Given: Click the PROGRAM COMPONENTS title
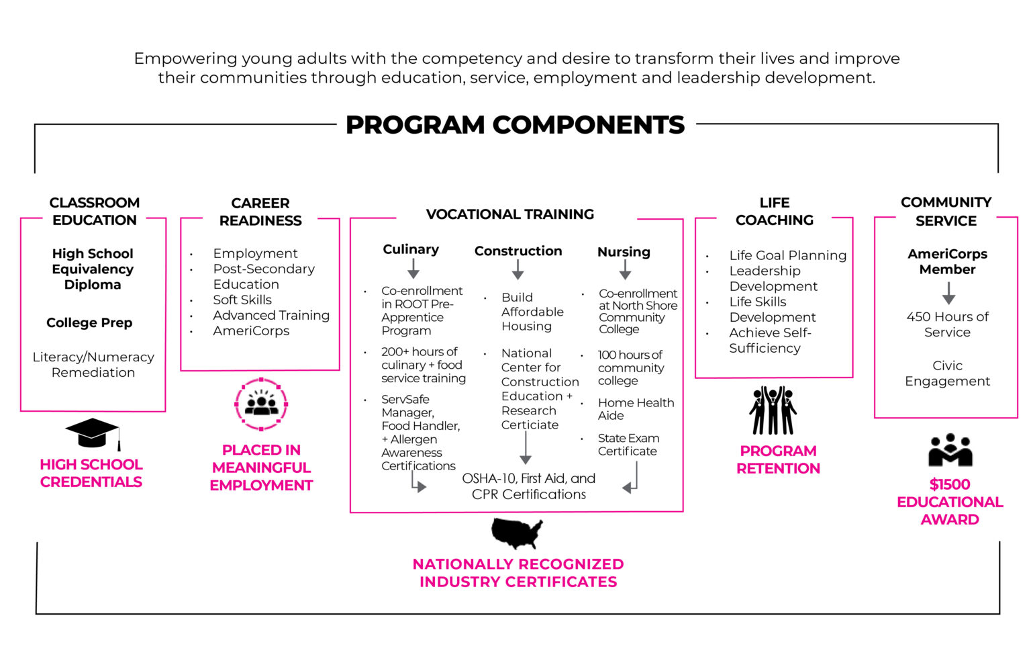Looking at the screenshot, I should [x=515, y=125].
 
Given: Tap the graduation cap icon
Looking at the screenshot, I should [x=93, y=433].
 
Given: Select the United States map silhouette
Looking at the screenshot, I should [x=516, y=533].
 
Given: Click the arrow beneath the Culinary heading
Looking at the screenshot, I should [x=413, y=269].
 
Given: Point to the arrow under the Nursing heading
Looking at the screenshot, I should [x=625, y=270].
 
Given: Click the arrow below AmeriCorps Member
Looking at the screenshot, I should [x=948, y=293].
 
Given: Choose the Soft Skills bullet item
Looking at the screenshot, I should [x=242, y=300].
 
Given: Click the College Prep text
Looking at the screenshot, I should [x=89, y=322].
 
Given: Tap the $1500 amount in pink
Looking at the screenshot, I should [x=950, y=484].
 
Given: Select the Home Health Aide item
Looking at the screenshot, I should [x=635, y=408].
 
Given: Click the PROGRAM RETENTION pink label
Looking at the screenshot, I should [x=778, y=459].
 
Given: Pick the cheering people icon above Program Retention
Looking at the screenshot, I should [x=773, y=410].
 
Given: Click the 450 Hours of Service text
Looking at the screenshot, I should [x=947, y=324].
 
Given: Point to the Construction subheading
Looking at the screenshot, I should [x=518, y=251].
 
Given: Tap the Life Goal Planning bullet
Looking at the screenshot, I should [x=787, y=255].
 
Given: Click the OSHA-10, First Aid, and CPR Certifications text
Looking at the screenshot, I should [x=528, y=486].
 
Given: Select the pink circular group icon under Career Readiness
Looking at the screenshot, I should [x=261, y=404].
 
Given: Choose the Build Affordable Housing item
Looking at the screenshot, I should [x=532, y=312].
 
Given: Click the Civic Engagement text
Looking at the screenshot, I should [x=947, y=373].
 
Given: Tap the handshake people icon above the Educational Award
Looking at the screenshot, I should [x=950, y=450].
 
